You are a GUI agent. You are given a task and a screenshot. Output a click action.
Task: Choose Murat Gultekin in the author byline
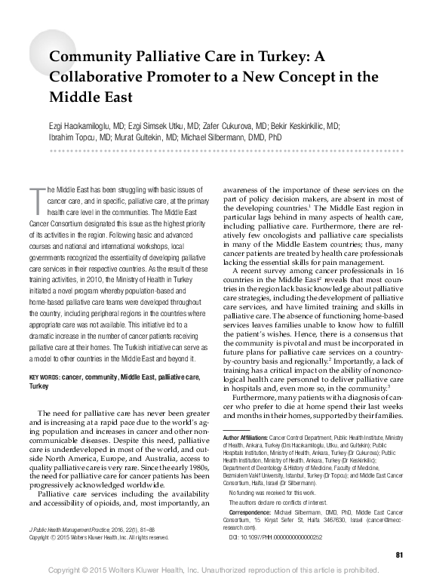144,139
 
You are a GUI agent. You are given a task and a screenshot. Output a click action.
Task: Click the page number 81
398,555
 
